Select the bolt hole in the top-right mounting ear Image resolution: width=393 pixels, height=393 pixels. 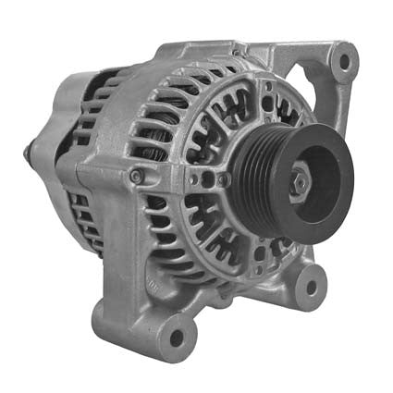344,62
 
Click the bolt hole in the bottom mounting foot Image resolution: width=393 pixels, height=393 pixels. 173,336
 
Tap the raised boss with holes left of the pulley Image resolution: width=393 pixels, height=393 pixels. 209,178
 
